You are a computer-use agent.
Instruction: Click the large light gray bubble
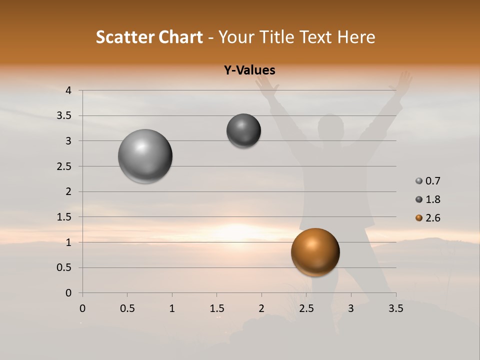click(145, 156)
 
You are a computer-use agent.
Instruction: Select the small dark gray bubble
click(243, 130)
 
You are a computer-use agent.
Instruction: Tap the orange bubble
click(315, 252)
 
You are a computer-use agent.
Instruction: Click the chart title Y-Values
click(249, 70)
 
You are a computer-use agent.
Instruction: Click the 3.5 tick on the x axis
click(395, 308)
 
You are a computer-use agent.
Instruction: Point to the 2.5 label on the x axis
click(306, 308)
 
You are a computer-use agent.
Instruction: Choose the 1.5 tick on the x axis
click(216, 308)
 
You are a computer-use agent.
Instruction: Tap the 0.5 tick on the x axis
click(127, 308)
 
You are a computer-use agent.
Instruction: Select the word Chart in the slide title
click(180, 37)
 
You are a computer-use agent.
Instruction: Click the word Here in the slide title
click(356, 37)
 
